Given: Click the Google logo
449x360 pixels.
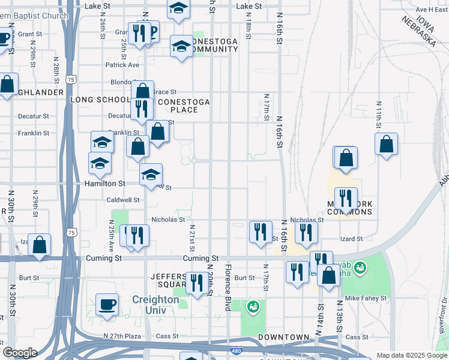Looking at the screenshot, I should tap(20, 353).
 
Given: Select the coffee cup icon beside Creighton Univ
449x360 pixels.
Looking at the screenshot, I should tap(107, 304).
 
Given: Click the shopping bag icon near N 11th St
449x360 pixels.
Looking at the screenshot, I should tap(387, 144).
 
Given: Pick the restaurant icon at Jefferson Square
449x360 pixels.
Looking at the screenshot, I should tap(196, 283).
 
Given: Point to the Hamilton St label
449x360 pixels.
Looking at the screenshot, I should tap(104, 184).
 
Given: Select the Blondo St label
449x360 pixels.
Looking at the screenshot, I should tap(124, 82).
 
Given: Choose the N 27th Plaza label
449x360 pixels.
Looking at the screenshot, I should tap(121, 337).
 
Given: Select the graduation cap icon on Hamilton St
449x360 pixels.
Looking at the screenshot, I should tap(151, 175).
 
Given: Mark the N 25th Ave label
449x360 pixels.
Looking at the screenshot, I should tap(111, 237).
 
